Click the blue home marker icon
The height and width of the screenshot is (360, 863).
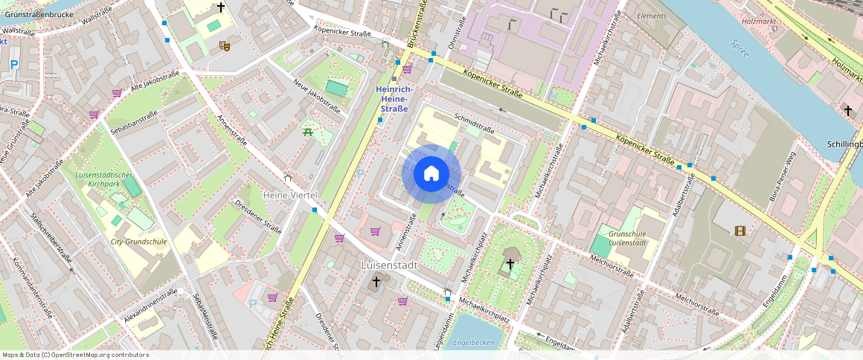[431, 174]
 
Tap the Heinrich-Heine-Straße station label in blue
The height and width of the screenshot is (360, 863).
[394, 99]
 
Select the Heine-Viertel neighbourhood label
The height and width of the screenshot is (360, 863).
[290, 194]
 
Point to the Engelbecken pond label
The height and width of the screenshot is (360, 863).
[473, 342]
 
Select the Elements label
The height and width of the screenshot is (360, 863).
[652, 16]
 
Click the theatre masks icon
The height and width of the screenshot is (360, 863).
[225, 46]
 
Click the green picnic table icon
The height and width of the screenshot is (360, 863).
[307, 132]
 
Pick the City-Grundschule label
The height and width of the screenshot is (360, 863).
[139, 242]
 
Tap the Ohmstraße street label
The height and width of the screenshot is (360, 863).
[457, 34]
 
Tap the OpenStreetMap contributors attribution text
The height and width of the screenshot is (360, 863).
[76, 355]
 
